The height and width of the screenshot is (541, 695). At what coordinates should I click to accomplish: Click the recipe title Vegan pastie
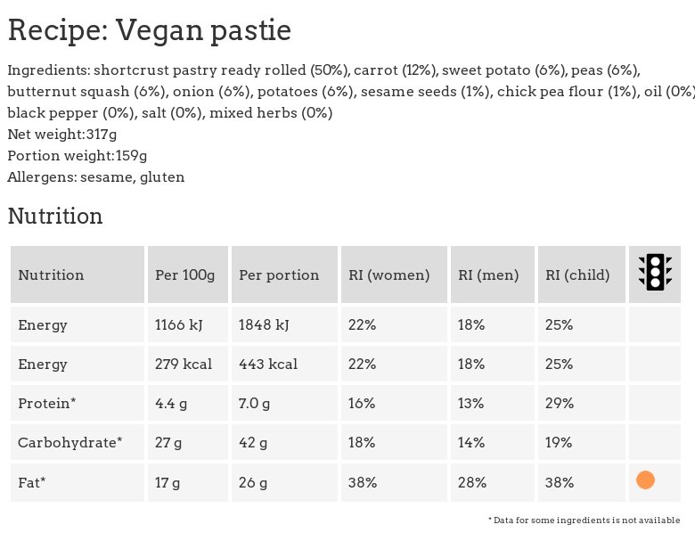149,30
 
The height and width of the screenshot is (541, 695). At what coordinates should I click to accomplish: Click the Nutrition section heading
55,217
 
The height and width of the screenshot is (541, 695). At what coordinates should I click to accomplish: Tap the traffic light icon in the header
655,274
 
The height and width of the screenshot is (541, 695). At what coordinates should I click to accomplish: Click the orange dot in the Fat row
646,480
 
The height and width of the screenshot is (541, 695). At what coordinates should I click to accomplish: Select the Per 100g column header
185,275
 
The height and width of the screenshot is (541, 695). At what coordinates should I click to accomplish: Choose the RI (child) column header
577,275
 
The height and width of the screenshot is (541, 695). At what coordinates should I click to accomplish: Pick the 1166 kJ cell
179,325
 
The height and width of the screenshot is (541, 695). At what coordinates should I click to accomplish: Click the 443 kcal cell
268,365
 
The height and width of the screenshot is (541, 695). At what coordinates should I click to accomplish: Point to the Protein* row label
47,404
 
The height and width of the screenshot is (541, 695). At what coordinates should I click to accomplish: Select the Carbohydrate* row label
70,443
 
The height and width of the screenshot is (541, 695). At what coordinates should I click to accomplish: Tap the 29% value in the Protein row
560,404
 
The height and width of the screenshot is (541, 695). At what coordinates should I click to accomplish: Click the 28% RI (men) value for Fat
472,482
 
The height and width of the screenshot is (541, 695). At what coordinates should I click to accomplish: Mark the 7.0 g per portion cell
254,404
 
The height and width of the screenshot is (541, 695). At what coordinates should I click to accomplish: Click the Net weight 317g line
62,135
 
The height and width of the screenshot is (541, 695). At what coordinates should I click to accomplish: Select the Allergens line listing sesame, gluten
96,177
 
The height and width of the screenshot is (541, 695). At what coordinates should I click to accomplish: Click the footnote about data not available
584,521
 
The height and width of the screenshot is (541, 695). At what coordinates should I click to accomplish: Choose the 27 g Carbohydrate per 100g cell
168,443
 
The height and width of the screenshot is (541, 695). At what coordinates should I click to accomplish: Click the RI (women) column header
389,275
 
